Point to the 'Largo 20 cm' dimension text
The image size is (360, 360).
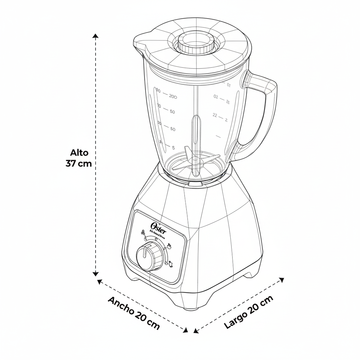point(248,312)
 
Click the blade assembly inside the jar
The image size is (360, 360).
point(195,160)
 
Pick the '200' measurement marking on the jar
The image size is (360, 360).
point(173,96)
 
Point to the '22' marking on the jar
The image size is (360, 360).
point(215,115)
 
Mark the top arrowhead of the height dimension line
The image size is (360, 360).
point(95,36)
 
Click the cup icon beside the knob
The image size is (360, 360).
point(171,264)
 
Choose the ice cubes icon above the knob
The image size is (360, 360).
point(143,232)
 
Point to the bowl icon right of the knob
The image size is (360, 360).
point(169,246)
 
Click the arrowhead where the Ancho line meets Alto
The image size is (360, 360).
point(99,281)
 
